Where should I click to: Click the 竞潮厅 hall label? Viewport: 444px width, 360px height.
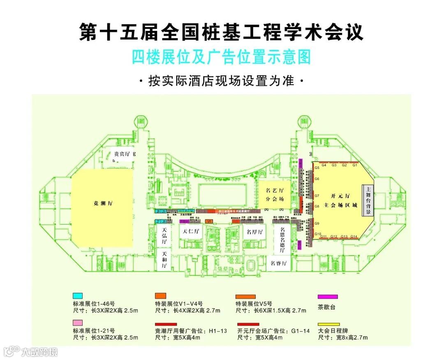tap(103, 203)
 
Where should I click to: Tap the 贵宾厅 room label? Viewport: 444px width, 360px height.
tap(122, 154)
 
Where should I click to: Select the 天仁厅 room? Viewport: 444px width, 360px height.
tap(191, 231)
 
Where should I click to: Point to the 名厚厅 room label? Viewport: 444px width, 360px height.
tap(254, 231)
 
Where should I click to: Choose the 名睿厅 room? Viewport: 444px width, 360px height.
tap(278, 263)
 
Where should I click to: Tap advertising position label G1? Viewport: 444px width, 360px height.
tap(355, 165)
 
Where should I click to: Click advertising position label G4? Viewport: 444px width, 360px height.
tap(324, 165)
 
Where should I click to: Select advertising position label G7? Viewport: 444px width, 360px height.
tap(317, 196)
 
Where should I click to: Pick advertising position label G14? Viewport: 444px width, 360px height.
tap(354, 236)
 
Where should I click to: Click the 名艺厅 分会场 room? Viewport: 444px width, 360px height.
tap(275, 195)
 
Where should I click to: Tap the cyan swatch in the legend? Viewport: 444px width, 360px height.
tap(78, 295)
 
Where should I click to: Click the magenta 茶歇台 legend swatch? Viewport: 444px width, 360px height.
tap(328, 296)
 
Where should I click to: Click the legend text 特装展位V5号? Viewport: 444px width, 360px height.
tap(254, 304)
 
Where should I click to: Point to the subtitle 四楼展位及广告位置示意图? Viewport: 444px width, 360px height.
tap(221, 57)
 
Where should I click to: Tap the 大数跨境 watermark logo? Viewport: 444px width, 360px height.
tap(31, 351)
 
